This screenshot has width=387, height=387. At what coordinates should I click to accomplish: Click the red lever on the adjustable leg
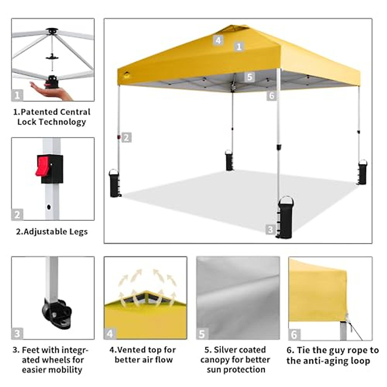(43, 166)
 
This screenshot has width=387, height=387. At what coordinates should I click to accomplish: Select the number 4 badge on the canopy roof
(218, 40)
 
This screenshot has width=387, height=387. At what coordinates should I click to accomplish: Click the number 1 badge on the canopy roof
(239, 47)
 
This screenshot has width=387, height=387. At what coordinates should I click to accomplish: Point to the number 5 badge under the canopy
(249, 77)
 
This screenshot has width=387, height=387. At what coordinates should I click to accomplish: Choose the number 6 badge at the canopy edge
(272, 95)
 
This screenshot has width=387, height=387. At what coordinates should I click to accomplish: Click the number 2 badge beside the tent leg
(126, 138)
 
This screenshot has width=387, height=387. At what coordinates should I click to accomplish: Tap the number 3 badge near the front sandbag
(270, 230)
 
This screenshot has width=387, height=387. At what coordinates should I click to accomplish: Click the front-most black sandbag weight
(286, 217)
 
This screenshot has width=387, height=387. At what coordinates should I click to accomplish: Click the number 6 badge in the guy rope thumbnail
(294, 334)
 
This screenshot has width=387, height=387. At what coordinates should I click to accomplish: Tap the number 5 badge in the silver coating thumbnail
(202, 334)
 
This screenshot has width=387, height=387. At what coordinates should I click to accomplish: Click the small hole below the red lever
(49, 207)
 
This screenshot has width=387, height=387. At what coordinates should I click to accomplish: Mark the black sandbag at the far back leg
(229, 160)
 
